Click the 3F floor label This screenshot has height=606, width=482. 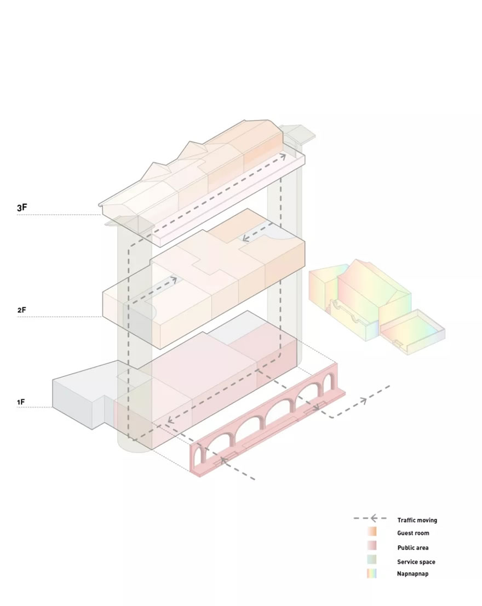22,208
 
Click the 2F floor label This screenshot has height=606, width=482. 21,310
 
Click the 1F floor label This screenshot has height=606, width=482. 21,402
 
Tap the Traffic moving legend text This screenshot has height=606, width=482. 417,520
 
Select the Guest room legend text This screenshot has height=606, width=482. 413,533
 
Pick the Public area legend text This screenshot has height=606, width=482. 412,547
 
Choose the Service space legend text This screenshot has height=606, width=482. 416,562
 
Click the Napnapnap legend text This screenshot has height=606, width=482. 412,574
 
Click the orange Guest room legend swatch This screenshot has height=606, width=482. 371,531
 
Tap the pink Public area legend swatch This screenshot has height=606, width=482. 371,545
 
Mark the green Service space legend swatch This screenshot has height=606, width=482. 371,559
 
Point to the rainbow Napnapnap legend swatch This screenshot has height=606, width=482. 371,574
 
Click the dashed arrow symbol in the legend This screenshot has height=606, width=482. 370,518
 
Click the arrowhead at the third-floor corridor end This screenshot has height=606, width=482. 283,156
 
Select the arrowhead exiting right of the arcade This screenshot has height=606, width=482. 364,401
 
